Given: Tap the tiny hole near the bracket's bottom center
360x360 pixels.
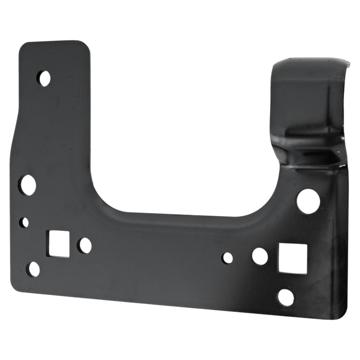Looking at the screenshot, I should click(226, 256).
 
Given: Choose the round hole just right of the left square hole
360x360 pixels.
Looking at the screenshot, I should click(83, 245).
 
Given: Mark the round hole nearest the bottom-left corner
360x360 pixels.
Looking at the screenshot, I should click(32, 268).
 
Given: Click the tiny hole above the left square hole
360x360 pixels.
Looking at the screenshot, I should click(23, 222).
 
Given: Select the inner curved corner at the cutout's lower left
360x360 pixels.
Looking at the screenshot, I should click(108, 201).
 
